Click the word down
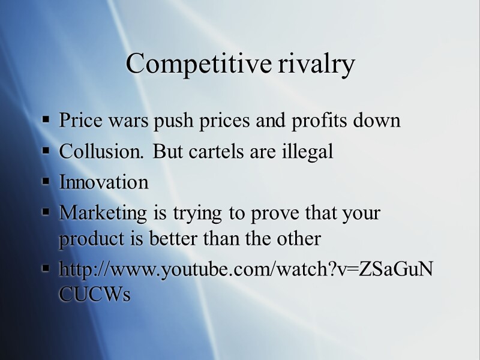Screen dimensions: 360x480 (x=378, y=121)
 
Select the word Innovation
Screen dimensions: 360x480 (x=104, y=182)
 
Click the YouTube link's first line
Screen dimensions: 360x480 (x=245, y=269)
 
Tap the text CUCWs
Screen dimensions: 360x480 (x=94, y=295)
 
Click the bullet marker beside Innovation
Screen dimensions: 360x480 (x=46, y=182)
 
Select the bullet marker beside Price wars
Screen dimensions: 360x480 (x=46, y=121)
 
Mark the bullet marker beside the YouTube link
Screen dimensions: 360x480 (x=46, y=270)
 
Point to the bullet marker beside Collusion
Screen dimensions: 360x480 (x=46, y=152)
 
